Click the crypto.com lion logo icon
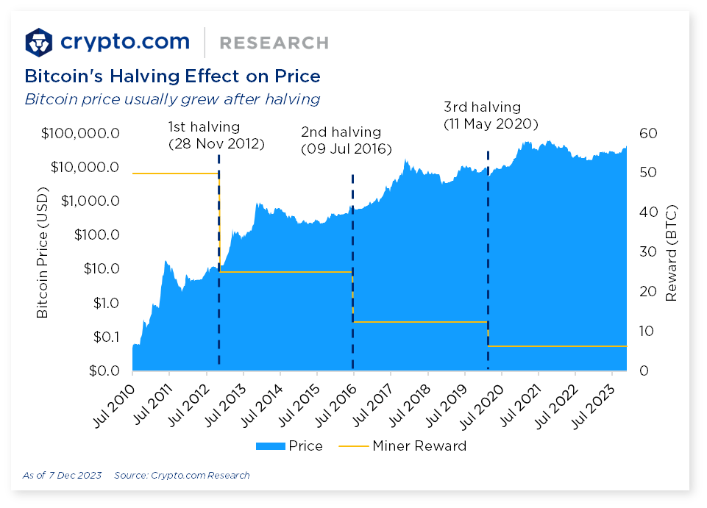pyautogui.click(x=39, y=43)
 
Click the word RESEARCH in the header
pyautogui.click(x=274, y=43)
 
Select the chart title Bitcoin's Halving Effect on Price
pyautogui.click(x=172, y=76)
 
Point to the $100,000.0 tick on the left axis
pyautogui.click(x=80, y=134)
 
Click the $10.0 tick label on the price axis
pyautogui.click(x=100, y=269)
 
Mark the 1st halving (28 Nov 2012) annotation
pyautogui.click(x=216, y=135)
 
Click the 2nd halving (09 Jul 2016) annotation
pyautogui.click(x=346, y=140)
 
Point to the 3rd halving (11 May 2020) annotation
pyautogui.click(x=490, y=115)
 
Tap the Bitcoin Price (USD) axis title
pyautogui.click(x=43, y=252)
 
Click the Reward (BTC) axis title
pyautogui.click(x=670, y=252)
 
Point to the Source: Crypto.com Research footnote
pyautogui.click(x=182, y=476)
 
